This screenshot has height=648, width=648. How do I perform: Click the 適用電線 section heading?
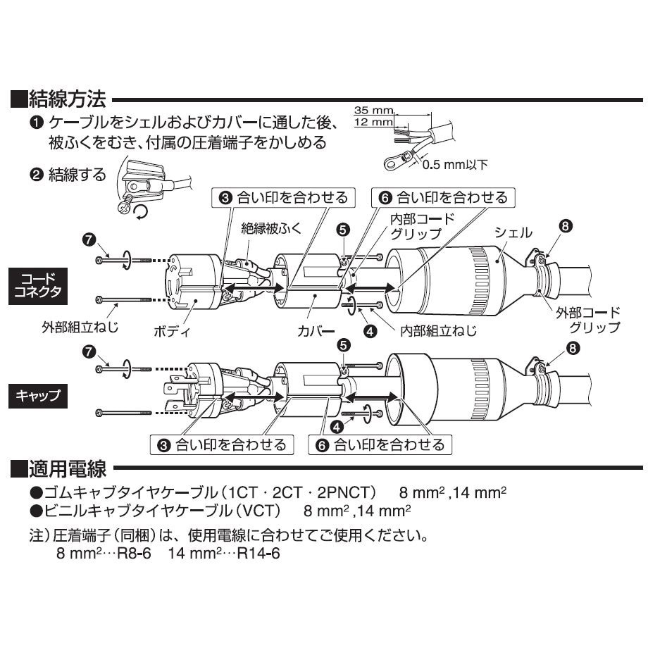pyautogui.click(x=68, y=468)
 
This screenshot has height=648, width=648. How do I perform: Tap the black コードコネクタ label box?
pyautogui.click(x=42, y=285)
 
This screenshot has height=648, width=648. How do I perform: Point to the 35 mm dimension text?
pyautogui.click(x=371, y=111)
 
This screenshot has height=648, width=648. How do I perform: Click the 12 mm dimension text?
pyautogui.click(x=371, y=123)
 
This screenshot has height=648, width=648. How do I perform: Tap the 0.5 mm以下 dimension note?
pyautogui.click(x=454, y=165)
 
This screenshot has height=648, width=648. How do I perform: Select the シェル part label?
pyautogui.click(x=513, y=232)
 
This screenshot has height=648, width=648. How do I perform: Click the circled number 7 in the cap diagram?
pyautogui.click(x=89, y=350)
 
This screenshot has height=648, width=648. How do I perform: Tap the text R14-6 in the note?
pyautogui.click(x=259, y=553)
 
